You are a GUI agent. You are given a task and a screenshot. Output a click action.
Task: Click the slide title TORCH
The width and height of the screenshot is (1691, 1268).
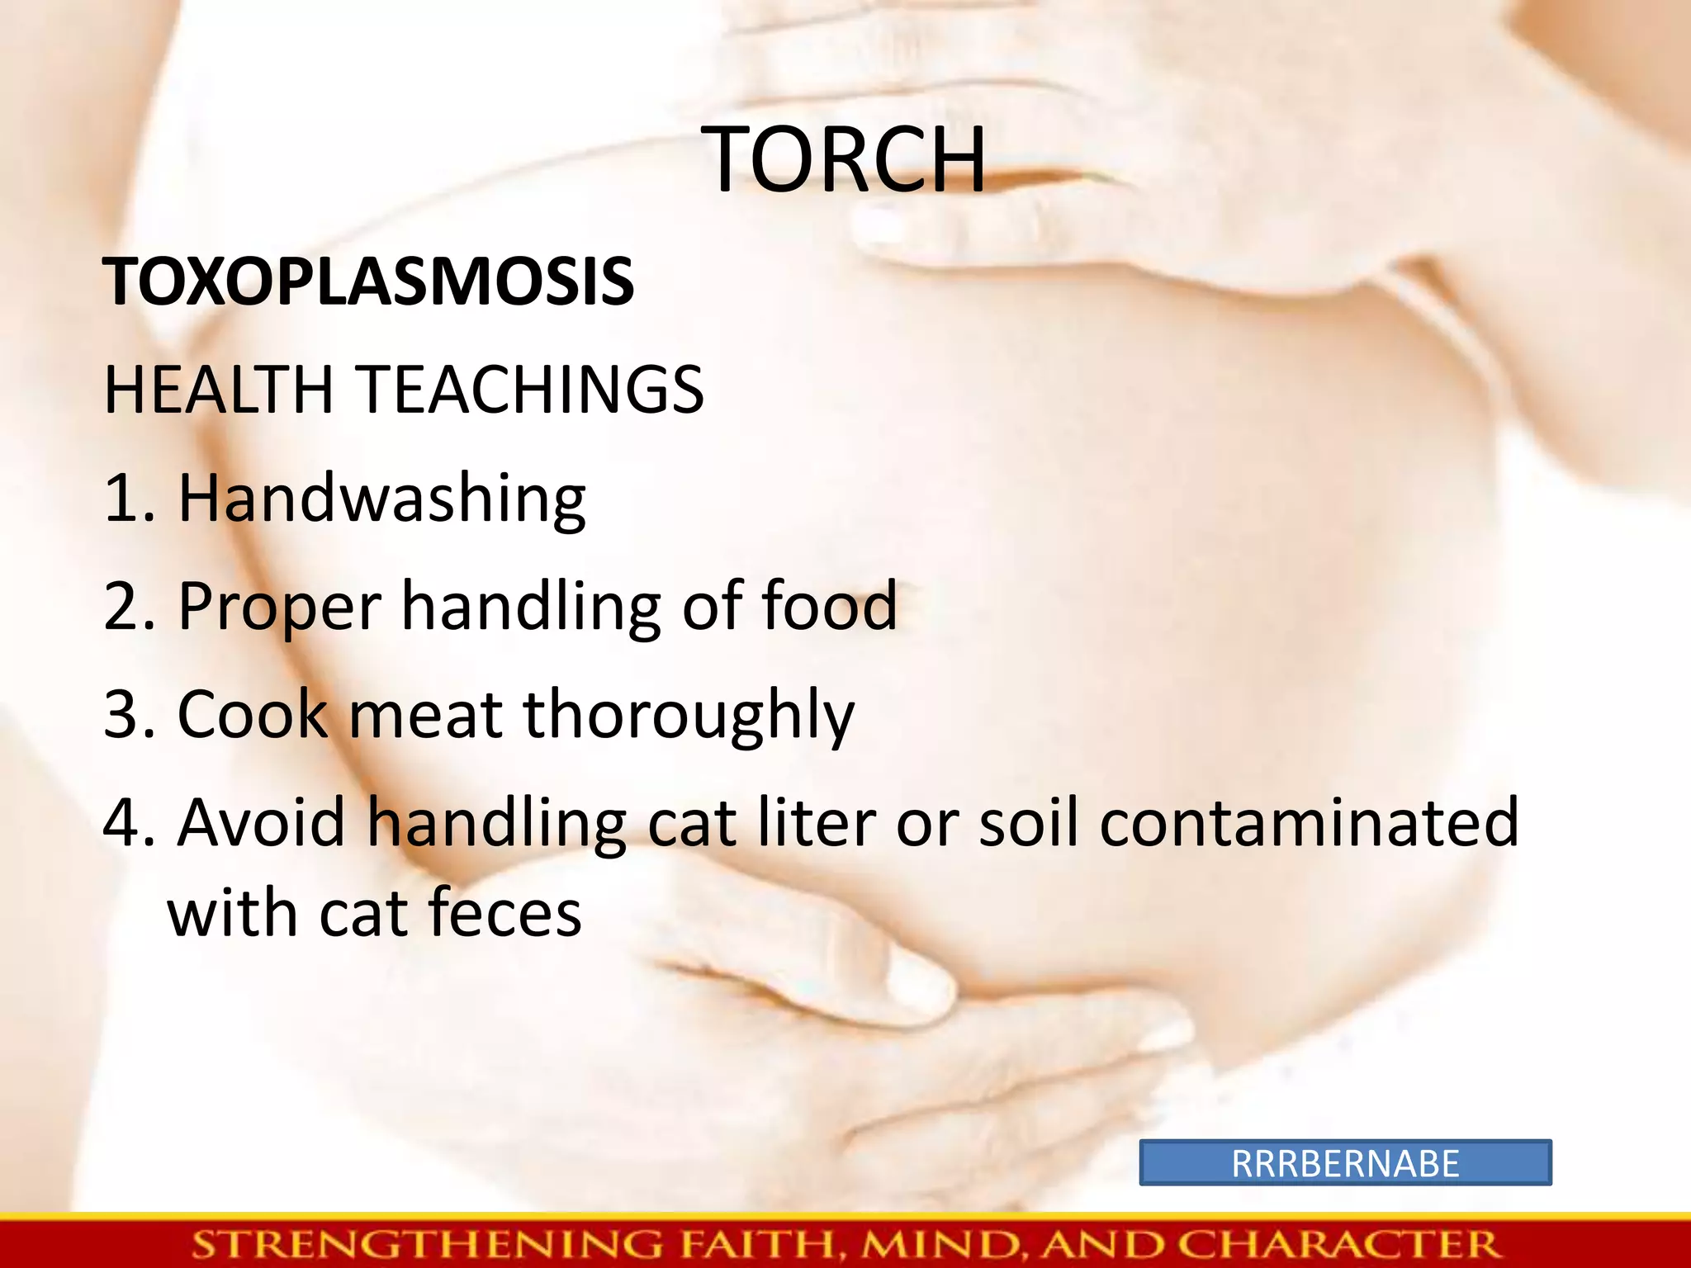tap(845, 160)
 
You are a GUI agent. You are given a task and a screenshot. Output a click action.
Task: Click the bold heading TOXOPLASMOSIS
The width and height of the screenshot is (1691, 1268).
tap(368, 282)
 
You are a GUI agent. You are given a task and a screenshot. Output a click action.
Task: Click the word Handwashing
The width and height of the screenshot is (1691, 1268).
tap(381, 499)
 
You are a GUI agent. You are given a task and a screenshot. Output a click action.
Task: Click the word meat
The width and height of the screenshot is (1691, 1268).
tap(425, 715)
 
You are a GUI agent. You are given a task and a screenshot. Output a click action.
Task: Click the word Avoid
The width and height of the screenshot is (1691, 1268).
tap(261, 822)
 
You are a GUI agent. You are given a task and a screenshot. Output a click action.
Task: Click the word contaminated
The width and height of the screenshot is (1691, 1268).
tap(1309, 822)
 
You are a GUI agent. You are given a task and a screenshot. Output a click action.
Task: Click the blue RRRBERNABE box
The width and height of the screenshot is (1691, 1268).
tap(1345, 1163)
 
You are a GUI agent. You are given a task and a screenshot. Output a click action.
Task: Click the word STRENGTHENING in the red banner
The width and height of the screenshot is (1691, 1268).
tap(428, 1244)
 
